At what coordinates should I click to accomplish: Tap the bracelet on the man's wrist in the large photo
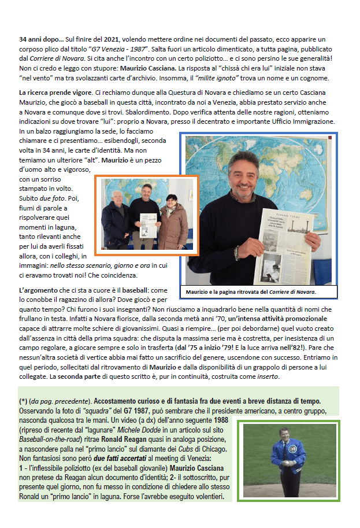pyautogui.click(x=236, y=253)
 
